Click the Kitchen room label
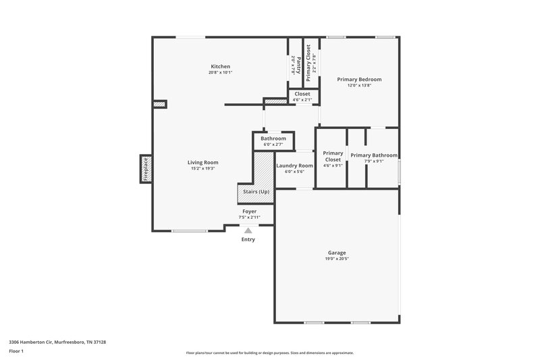[x=220, y=66]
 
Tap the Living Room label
[x=202, y=162]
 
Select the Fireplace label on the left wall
[x=146, y=169]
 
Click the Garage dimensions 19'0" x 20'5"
[x=336, y=259]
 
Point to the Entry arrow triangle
[x=248, y=231]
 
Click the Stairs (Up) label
[x=255, y=192]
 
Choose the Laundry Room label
[x=295, y=165]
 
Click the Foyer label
[x=250, y=211]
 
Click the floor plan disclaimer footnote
[x=269, y=353]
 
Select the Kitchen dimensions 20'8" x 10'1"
[x=220, y=72]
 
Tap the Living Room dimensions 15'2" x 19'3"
[x=202, y=168]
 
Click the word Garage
[x=336, y=253]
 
